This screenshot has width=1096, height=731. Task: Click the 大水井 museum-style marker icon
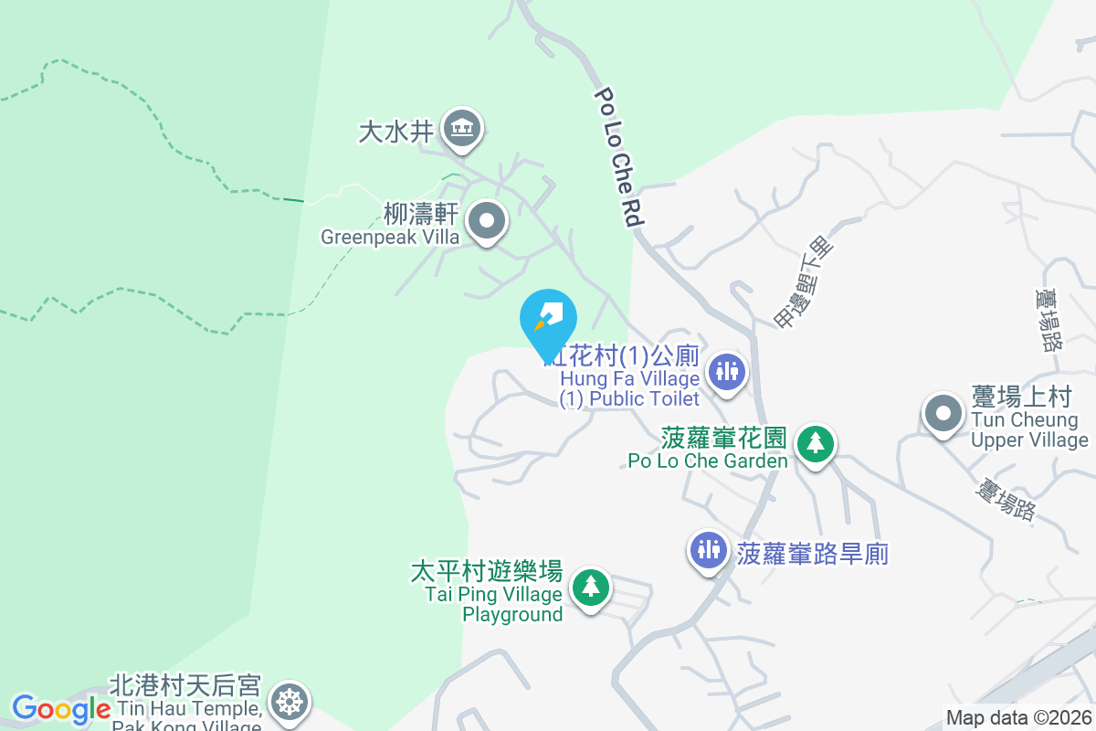[x=462, y=129]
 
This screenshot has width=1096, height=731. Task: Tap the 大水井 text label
[x=395, y=132]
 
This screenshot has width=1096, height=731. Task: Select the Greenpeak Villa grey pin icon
[x=487, y=221]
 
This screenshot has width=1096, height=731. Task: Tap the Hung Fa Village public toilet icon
[x=727, y=371]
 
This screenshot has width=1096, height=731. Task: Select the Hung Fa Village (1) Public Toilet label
[x=630, y=388]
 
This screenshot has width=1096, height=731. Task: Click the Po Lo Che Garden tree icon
[x=815, y=444]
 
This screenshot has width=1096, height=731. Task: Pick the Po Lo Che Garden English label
[x=708, y=461]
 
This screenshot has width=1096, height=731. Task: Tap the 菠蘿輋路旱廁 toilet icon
[x=709, y=550]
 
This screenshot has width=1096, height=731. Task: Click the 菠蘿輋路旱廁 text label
[x=812, y=554]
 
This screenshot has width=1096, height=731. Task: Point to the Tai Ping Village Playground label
[x=494, y=604]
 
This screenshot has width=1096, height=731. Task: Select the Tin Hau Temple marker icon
[x=290, y=702]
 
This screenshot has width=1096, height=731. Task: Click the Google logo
[x=61, y=708]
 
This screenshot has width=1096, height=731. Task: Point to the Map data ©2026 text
[x=1018, y=718]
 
